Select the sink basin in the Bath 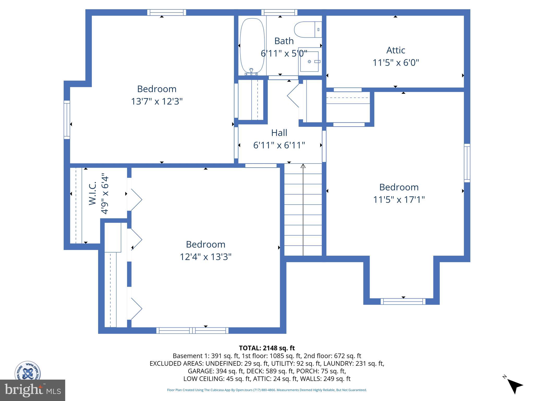coord(309,62)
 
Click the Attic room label coord(396,50)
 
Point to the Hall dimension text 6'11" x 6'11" coord(279,145)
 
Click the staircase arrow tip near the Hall coord(303,166)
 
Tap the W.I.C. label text coord(93,193)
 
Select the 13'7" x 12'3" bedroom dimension coord(156,101)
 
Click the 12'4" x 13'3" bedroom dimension coord(205,257)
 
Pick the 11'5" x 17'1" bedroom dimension coord(399,200)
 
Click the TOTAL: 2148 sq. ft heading coord(267,348)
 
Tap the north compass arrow coord(515,386)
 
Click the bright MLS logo coord(33,390)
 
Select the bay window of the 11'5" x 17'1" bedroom coord(403,302)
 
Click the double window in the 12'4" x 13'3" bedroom coord(192,331)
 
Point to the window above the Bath coord(279,12)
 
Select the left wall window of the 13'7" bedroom coord(67,120)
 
